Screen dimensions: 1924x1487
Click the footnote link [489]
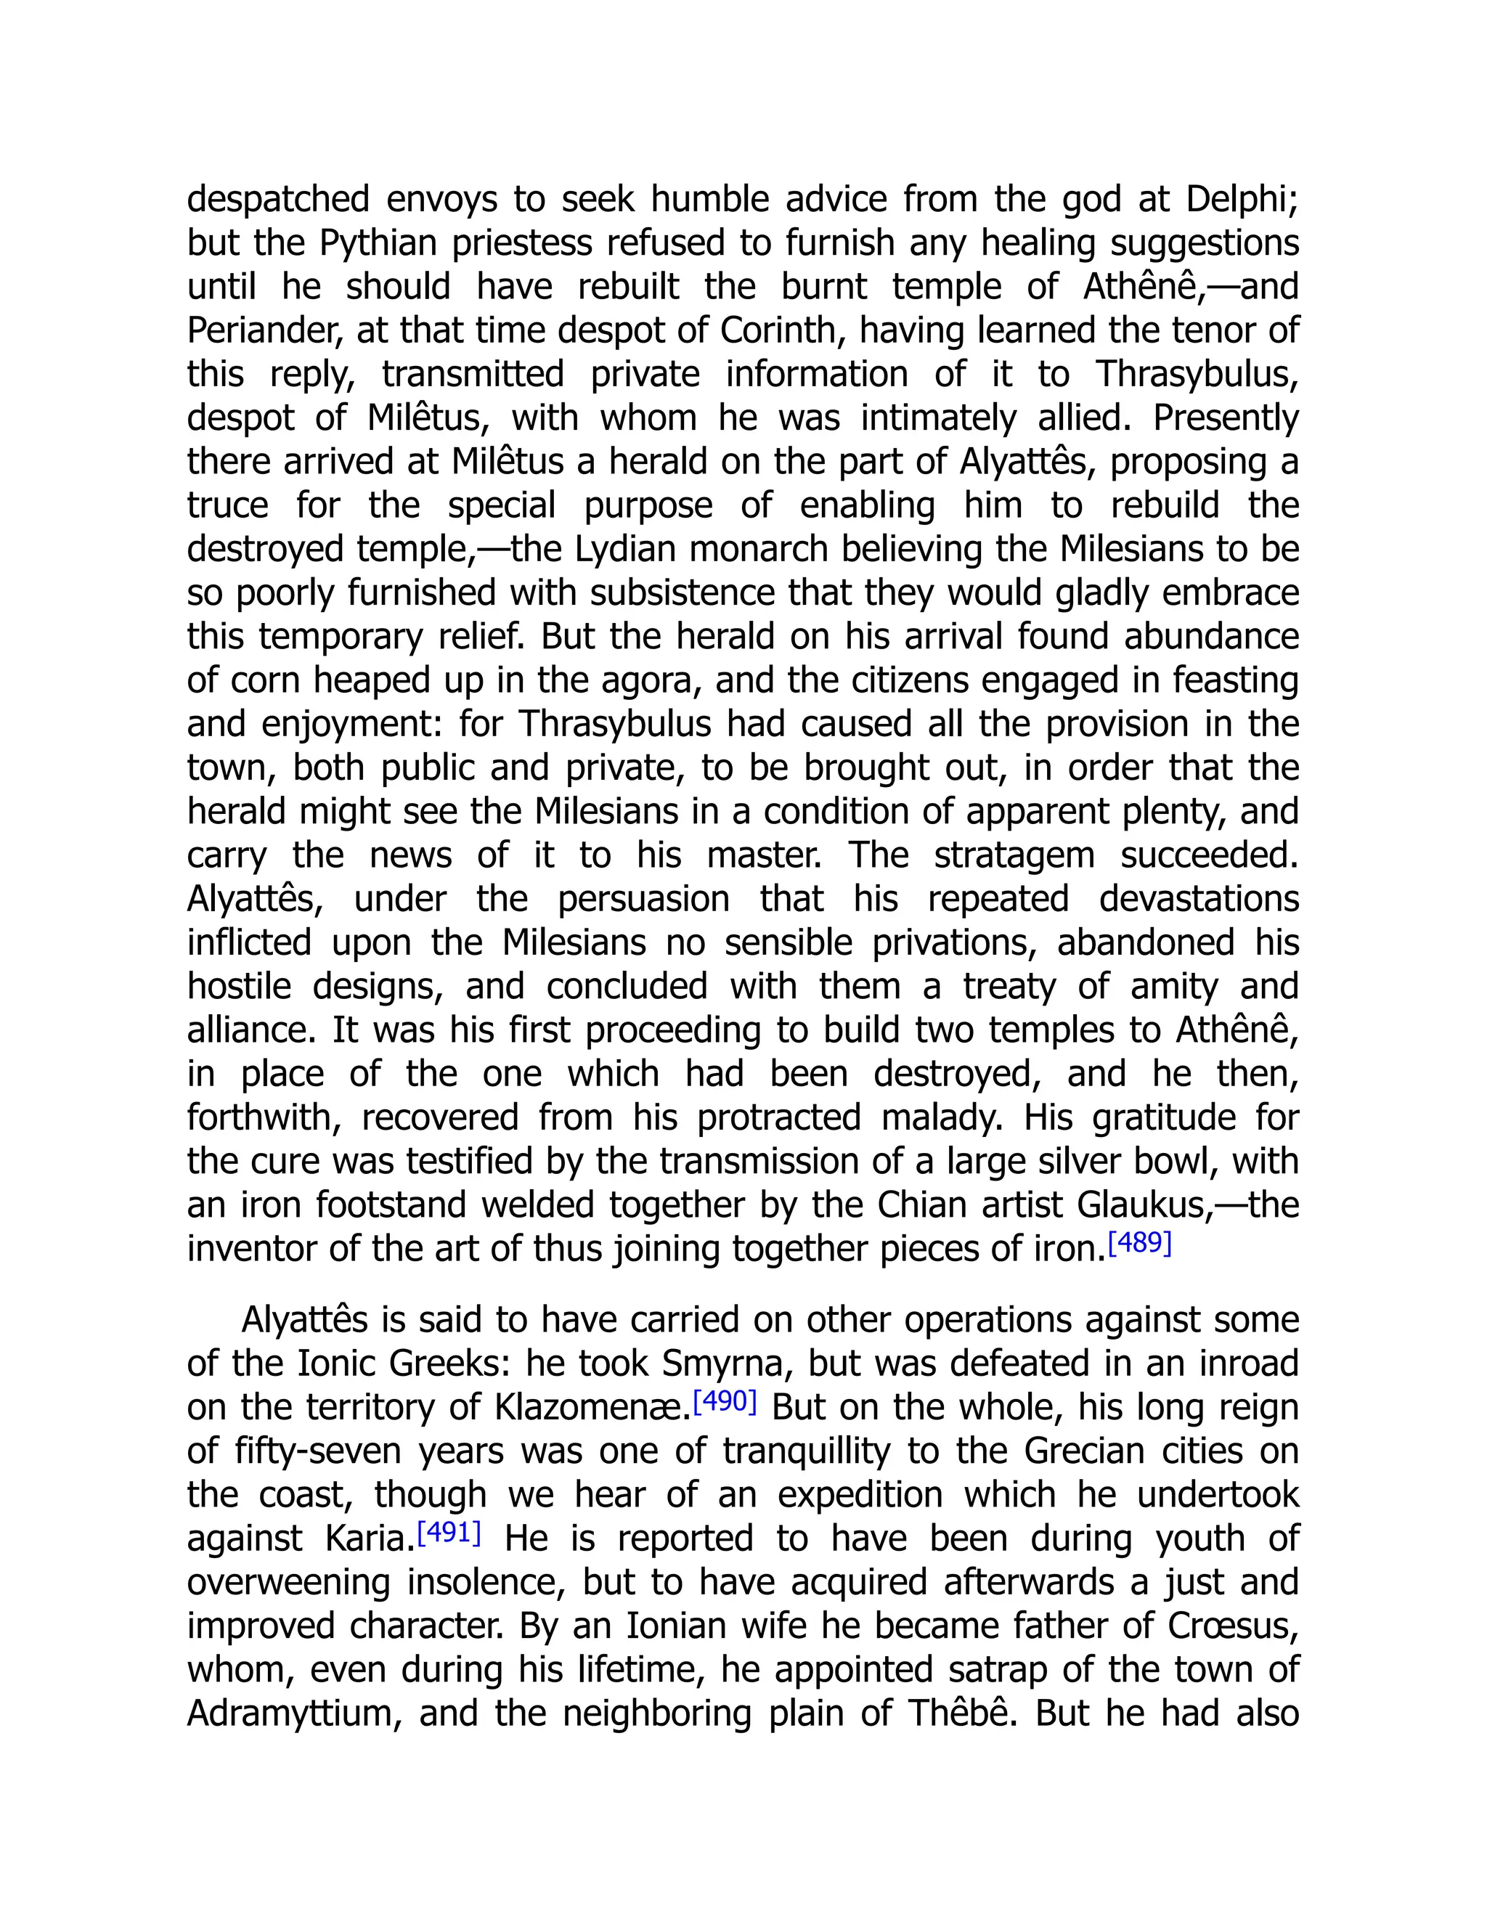(1139, 1243)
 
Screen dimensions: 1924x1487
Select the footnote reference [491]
(449, 1532)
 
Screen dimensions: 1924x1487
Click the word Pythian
(378, 243)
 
